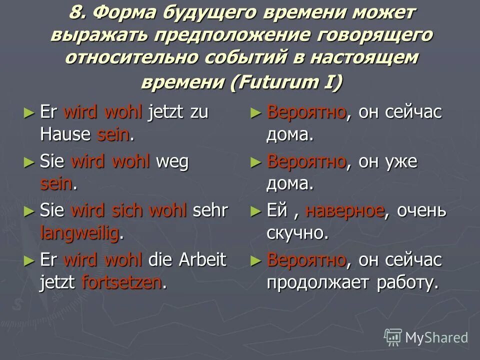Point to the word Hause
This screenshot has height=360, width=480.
click(65, 134)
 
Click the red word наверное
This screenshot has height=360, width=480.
click(344, 210)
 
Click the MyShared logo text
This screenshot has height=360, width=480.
click(436, 338)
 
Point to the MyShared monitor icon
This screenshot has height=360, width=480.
click(393, 337)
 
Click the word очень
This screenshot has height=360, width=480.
click(421, 210)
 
